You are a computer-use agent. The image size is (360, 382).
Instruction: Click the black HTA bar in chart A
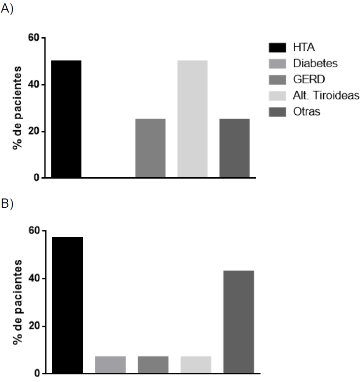pyautogui.click(x=66, y=119)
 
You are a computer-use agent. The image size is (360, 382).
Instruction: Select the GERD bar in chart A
pyautogui.click(x=150, y=148)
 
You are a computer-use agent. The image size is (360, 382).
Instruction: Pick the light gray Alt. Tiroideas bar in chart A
pyautogui.click(x=193, y=119)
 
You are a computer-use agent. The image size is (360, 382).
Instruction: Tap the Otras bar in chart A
pyautogui.click(x=234, y=148)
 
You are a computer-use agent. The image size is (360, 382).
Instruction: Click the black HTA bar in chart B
pyautogui.click(x=68, y=305)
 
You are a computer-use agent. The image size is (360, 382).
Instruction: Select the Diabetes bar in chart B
pyautogui.click(x=110, y=365)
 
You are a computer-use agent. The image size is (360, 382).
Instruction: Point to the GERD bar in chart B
pyautogui.click(x=153, y=365)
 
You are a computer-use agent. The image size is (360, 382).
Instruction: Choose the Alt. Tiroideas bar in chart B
pyautogui.click(x=196, y=365)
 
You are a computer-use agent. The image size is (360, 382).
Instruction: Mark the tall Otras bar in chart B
pyautogui.click(x=239, y=322)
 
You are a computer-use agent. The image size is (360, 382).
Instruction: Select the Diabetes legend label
pyautogui.click(x=315, y=63)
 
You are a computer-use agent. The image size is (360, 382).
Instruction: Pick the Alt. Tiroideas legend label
pyautogui.click(x=326, y=95)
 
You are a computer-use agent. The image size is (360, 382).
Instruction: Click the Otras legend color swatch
pyautogui.click(x=279, y=112)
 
